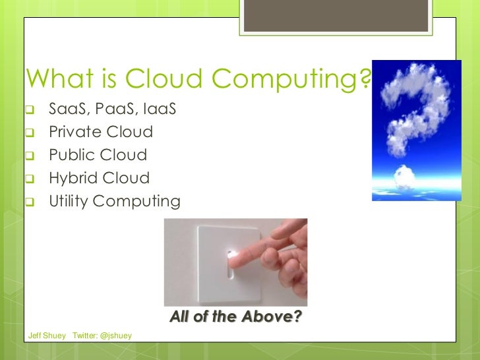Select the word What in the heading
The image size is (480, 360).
click(55, 80)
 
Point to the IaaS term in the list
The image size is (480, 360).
click(158, 109)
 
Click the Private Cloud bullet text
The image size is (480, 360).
click(101, 132)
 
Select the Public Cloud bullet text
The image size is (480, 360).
click(98, 155)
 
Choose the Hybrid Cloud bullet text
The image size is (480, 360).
click(99, 178)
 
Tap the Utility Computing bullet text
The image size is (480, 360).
click(114, 202)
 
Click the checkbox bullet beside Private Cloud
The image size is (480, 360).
click(30, 133)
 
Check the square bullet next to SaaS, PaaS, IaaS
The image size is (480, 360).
click(30, 109)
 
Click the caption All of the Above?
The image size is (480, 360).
click(235, 317)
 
